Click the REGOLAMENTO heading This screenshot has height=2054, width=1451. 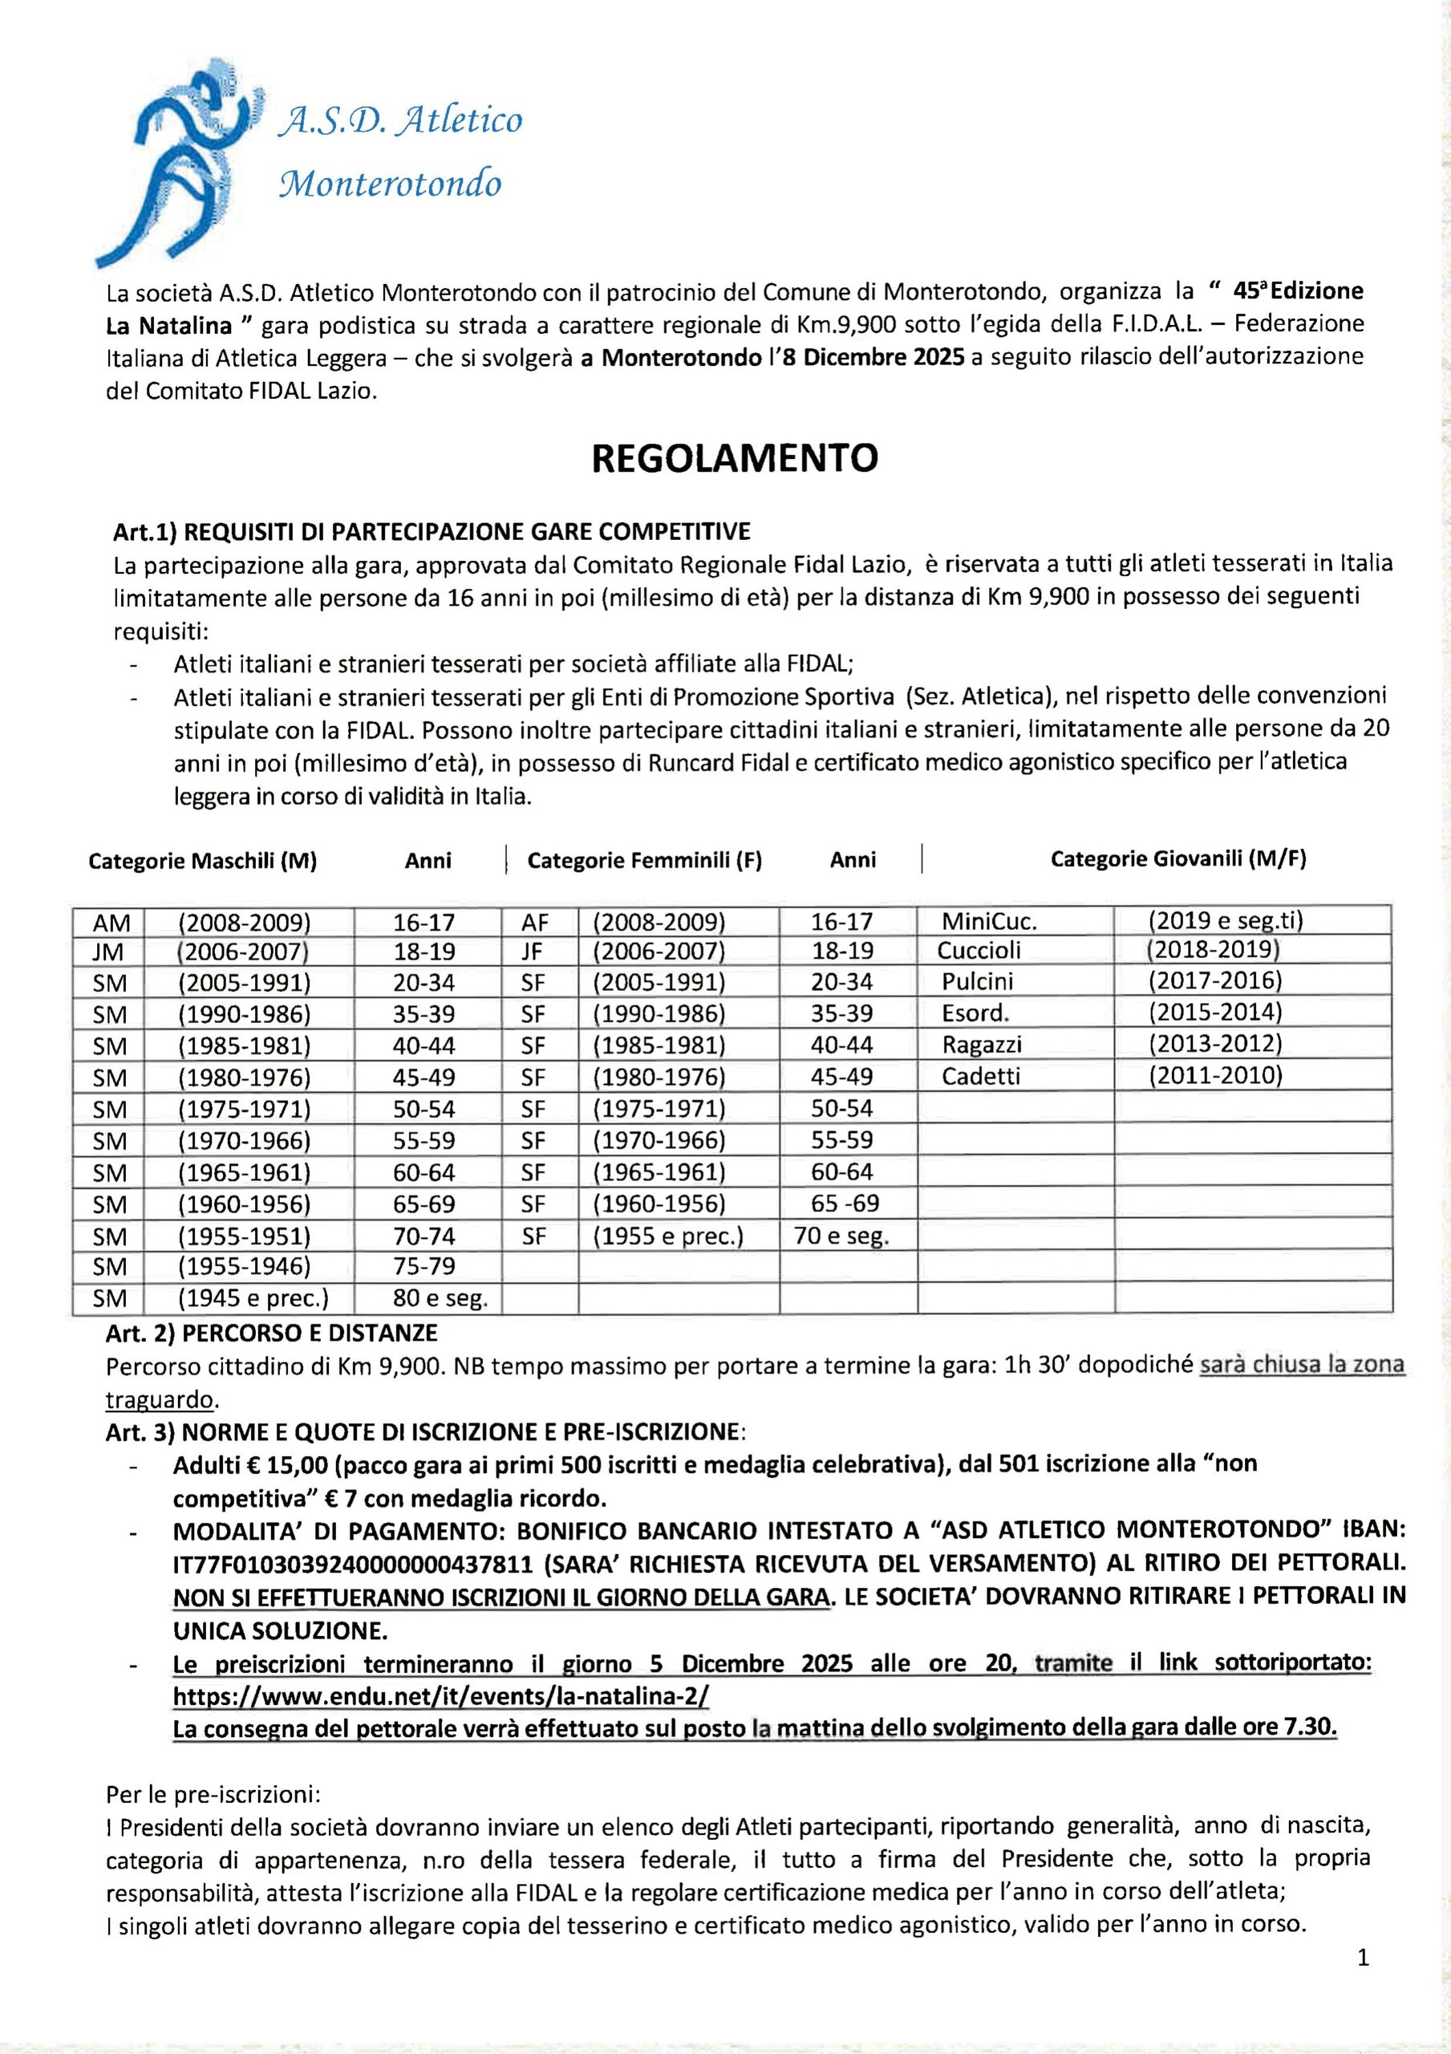735,458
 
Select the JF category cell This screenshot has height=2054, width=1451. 533,951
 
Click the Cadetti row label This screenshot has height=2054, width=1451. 980,1076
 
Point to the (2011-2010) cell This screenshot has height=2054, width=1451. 1215,1074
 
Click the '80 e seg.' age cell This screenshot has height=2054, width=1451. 440,1298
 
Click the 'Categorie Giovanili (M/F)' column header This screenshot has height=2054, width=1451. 1177,859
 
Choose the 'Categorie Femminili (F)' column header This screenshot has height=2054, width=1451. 644,861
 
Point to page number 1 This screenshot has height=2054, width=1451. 1364,1959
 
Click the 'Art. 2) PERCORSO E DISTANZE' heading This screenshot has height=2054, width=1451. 272,1333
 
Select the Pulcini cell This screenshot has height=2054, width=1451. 977,981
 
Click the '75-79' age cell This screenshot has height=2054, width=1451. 424,1267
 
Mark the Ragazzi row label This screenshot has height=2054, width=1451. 981,1044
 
